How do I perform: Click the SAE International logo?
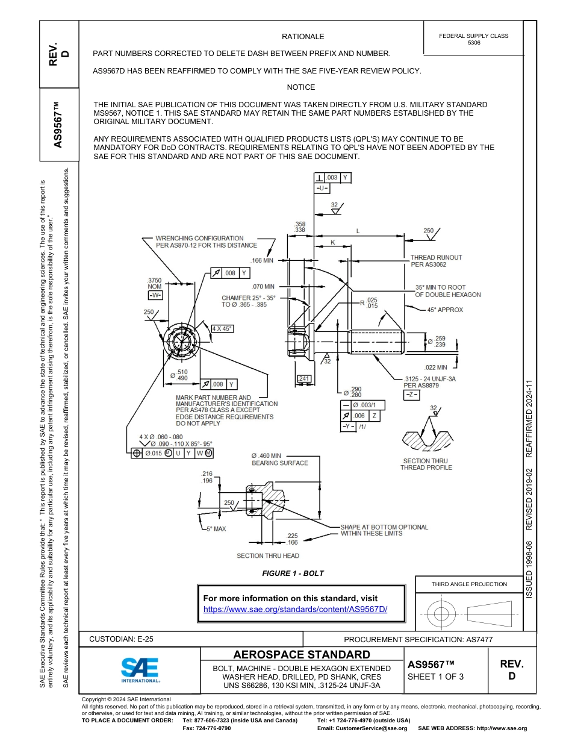[x=140, y=669]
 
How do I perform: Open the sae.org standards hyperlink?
[x=295, y=609]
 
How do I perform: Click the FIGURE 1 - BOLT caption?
[x=293, y=573]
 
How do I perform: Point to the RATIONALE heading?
[x=303, y=37]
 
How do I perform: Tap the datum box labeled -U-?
[x=322, y=189]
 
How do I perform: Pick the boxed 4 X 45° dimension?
[x=222, y=328]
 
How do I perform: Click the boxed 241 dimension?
[x=305, y=378]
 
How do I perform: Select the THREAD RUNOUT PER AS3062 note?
[x=436, y=261]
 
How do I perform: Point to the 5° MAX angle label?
[x=216, y=529]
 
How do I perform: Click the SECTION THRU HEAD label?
[x=268, y=555]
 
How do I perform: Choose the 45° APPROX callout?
[x=445, y=310]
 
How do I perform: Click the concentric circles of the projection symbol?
[x=442, y=613]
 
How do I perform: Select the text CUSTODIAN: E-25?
[x=117, y=639]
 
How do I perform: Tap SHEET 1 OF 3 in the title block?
[x=435, y=677]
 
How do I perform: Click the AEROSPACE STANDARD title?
[x=302, y=655]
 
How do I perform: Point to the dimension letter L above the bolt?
[x=358, y=231]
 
